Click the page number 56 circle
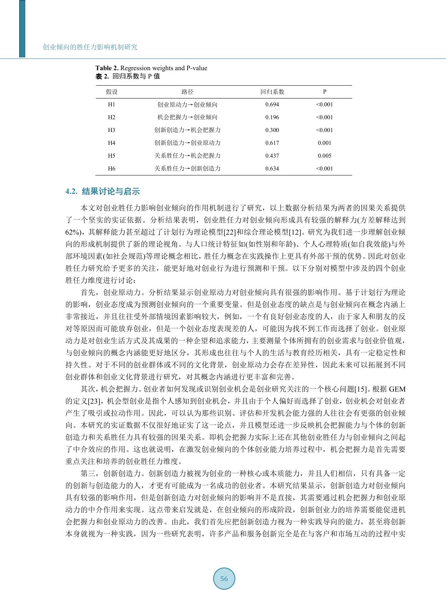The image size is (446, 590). (224, 579)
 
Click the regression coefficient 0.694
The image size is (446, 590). (272, 104)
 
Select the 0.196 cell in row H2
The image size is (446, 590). (272, 117)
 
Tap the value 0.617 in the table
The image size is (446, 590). (272, 143)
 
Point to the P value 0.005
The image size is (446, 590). (324, 156)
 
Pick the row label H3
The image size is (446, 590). (111, 130)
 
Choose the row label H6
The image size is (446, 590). (111, 169)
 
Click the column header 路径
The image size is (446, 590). (187, 92)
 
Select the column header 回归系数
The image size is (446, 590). (272, 92)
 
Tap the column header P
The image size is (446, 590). (324, 92)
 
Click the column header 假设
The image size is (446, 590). (111, 92)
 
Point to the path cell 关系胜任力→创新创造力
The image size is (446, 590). (187, 169)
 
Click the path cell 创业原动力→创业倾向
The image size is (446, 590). (187, 104)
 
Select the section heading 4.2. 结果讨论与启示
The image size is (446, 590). (102, 192)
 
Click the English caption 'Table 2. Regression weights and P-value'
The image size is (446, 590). (151, 68)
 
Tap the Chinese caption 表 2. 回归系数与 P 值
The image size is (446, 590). (128, 76)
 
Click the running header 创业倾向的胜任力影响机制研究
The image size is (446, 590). (90, 47)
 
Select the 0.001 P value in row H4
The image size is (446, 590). (324, 143)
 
